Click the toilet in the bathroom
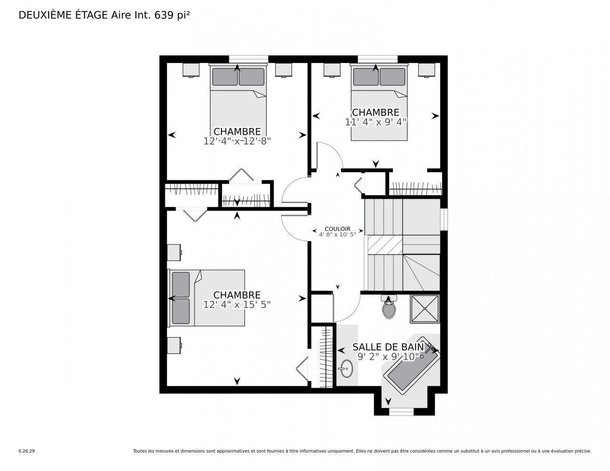[388, 309]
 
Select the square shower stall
[425, 309]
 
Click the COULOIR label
[338, 228]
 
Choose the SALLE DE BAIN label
[388, 348]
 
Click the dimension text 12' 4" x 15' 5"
[237, 305]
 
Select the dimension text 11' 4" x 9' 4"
[375, 122]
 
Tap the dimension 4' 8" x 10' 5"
[338, 234]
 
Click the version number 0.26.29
[27, 451]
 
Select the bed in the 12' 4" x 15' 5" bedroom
[207, 298]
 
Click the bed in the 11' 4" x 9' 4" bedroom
[379, 102]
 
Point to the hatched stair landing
[385, 244]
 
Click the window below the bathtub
[401, 412]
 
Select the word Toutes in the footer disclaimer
[140, 451]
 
